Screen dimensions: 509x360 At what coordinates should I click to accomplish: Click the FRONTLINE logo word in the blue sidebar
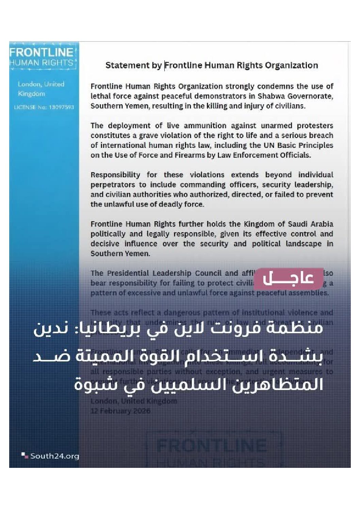click(x=41, y=52)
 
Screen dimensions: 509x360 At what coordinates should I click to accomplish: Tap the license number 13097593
click(x=61, y=107)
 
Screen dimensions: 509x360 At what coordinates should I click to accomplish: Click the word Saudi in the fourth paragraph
click(x=292, y=224)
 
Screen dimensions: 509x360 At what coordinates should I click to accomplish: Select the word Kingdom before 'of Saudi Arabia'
click(x=258, y=224)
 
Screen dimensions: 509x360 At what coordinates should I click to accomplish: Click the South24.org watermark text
click(x=54, y=456)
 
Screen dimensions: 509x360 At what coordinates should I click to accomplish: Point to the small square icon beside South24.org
click(x=24, y=455)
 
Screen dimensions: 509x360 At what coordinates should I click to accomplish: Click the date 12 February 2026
click(x=120, y=411)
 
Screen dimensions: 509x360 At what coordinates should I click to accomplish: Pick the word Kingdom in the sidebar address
click(x=31, y=94)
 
